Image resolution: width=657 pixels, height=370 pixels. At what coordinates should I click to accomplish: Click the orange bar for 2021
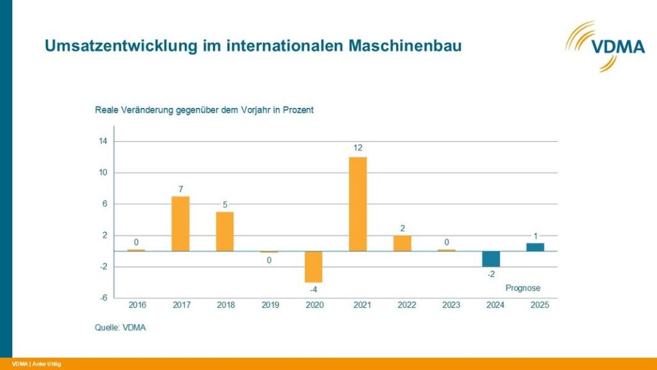(357, 204)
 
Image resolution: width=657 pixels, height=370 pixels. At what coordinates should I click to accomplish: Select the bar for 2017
(181, 224)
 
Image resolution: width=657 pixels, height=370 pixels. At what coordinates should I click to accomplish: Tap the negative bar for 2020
(313, 267)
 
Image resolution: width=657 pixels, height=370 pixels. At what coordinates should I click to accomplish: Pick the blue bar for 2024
(491, 259)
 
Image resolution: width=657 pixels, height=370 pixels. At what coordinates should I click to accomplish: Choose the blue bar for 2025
(535, 247)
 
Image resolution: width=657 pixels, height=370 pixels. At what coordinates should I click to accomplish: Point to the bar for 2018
(225, 231)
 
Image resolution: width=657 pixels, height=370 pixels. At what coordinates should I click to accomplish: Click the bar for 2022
(402, 243)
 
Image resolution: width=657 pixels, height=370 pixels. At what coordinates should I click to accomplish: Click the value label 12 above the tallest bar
(357, 148)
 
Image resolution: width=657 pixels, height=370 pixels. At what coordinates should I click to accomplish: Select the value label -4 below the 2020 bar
(313, 290)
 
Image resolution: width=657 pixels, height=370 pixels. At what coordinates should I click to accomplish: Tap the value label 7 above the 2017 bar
(181, 189)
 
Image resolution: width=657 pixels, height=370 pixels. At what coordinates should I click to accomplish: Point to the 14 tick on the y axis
(103, 141)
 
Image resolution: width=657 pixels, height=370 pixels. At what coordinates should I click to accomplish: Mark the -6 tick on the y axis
(103, 298)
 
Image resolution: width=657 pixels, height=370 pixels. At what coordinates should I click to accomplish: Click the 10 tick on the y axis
(103, 173)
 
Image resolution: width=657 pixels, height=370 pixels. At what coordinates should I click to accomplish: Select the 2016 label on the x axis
(137, 305)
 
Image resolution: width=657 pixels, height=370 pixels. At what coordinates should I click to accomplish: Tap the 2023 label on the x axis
(451, 305)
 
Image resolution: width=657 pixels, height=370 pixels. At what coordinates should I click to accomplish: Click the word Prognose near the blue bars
(523, 288)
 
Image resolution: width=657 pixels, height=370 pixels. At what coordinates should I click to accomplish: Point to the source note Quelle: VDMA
(120, 328)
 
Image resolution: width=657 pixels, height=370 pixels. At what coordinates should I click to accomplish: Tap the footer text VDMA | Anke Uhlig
(37, 364)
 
